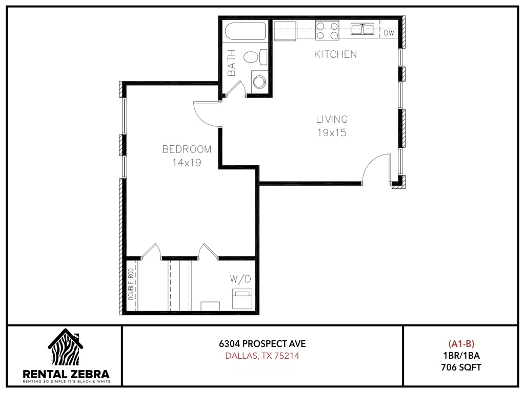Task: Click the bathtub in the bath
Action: coord(246,31)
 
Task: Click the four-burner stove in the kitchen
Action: coord(327,30)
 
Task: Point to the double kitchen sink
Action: coord(362,29)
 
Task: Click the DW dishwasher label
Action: coord(389,33)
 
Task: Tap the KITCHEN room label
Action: coord(335,54)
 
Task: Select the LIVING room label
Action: coord(332,119)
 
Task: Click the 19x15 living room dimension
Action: coord(332,133)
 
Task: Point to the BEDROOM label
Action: coord(187,149)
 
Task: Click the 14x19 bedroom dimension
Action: coord(187,162)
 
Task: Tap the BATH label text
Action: coord(231,63)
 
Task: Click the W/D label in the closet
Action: coord(240,279)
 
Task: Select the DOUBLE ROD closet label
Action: coord(131,284)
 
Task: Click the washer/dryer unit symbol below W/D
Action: coord(242,299)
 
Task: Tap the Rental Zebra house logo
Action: coord(66,347)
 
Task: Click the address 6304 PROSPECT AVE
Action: coord(262,343)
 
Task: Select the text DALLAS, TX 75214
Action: coord(262,356)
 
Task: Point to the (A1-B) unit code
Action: coord(461,343)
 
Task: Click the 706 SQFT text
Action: coord(461,367)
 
